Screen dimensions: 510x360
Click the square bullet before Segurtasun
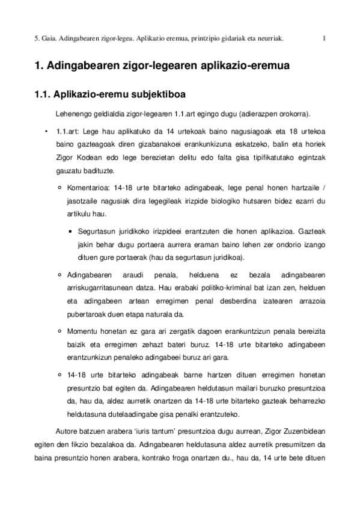pos(71,230)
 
